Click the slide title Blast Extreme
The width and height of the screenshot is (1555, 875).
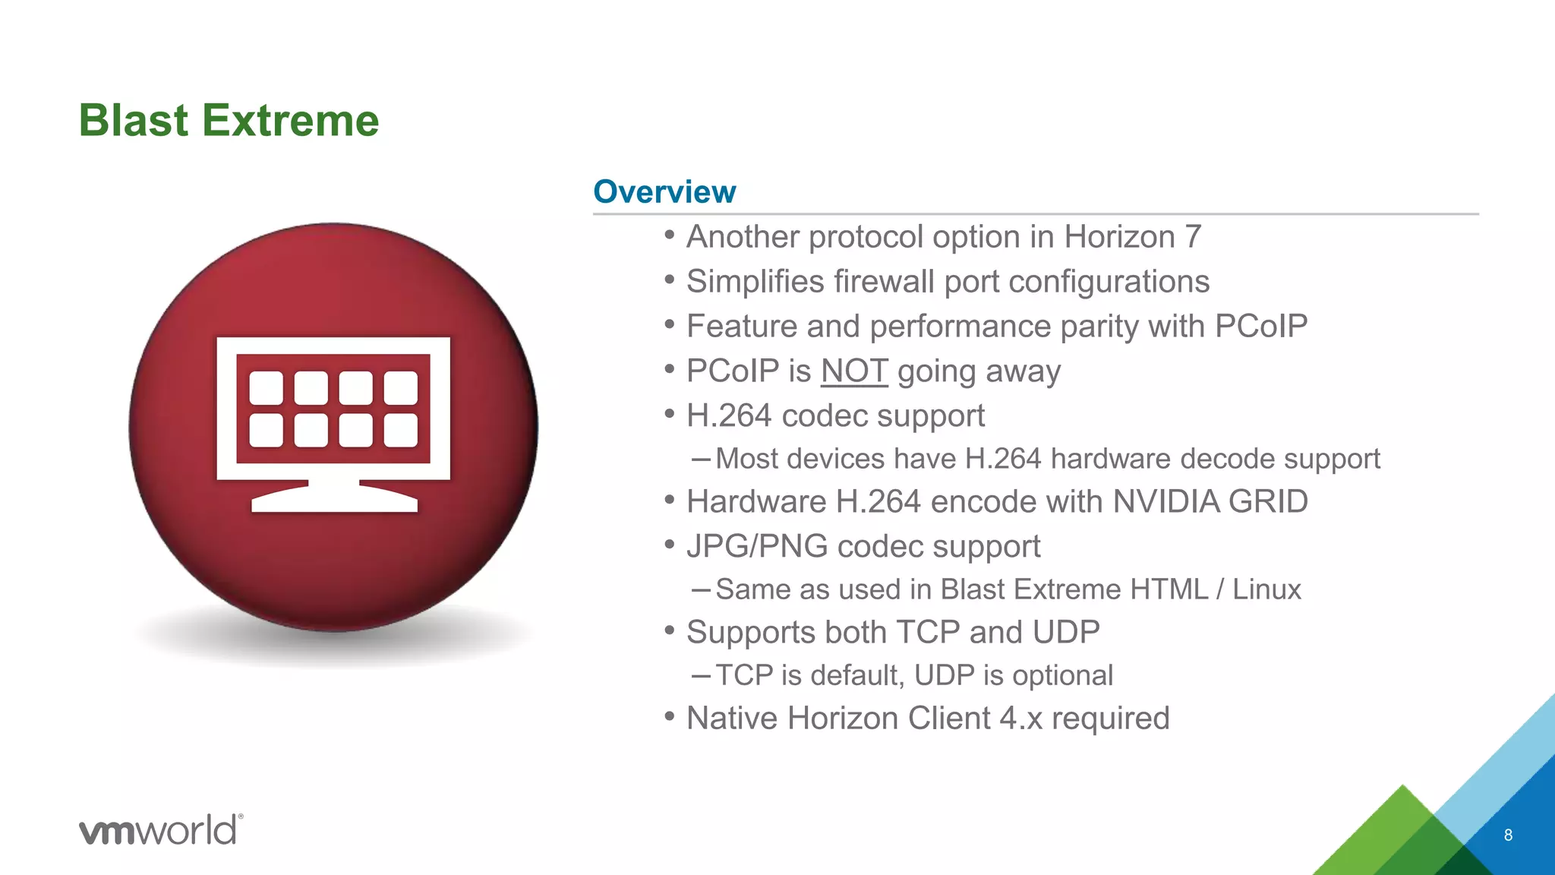(229, 121)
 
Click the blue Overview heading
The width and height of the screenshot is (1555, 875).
(664, 191)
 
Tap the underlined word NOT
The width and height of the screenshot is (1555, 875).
(853, 371)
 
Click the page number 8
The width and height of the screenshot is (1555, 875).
(1508, 836)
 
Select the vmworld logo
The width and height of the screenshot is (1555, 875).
(161, 829)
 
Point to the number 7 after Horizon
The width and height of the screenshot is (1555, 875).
(1192, 237)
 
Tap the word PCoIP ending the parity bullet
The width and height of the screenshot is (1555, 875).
(1260, 327)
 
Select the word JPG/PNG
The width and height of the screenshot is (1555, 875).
(756, 547)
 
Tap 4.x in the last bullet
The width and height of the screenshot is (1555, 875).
(1020, 719)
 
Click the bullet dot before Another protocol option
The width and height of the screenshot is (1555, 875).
(669, 235)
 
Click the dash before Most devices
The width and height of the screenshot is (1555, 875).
(701, 460)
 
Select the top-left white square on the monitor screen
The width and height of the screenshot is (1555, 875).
(266, 388)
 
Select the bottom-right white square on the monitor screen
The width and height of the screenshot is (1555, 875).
(400, 431)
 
